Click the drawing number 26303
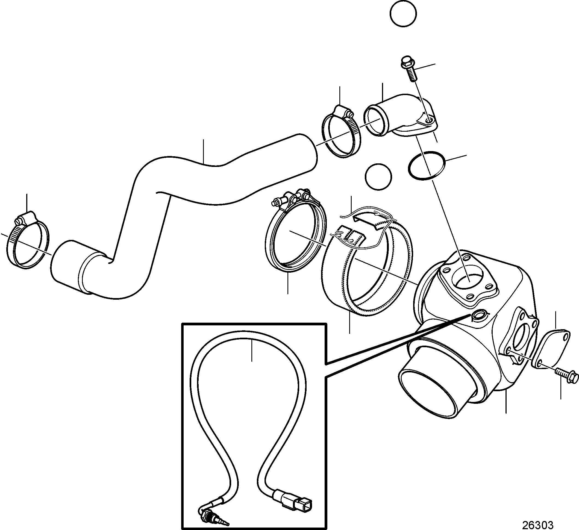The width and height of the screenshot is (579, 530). click(x=537, y=525)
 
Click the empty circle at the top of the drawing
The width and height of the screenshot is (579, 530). click(x=403, y=14)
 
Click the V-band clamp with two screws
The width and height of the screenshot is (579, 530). click(x=296, y=231)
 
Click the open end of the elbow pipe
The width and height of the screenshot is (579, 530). click(x=376, y=120)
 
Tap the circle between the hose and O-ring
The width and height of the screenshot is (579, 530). click(x=378, y=176)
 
